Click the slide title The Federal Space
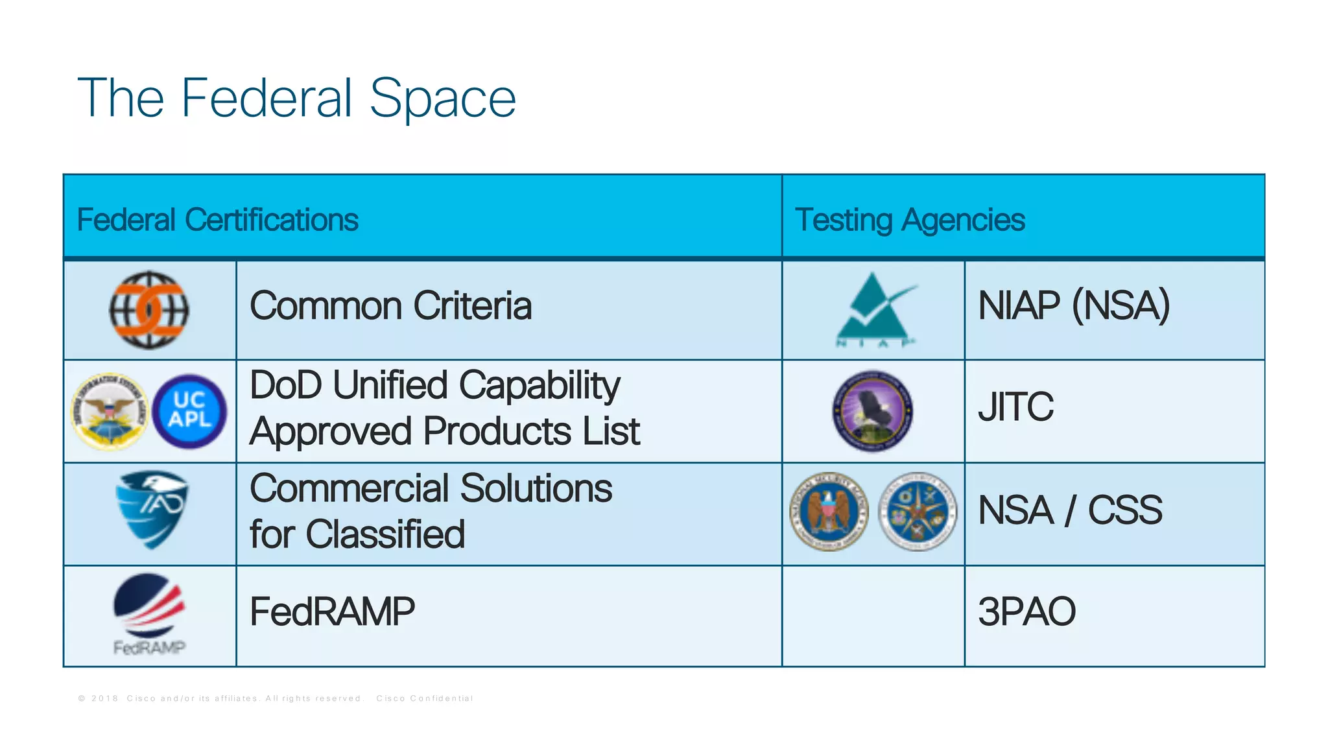tap(296, 99)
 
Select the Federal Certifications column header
tap(217, 220)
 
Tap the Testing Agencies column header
tap(909, 220)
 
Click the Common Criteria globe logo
tap(148, 310)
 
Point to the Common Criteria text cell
tap(390, 306)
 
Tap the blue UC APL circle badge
tap(189, 411)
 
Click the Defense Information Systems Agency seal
tap(110, 411)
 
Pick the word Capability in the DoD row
tap(540, 385)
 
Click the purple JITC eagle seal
tap(873, 411)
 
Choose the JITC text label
tap(1015, 407)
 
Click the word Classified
tap(385, 535)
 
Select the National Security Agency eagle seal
tap(829, 512)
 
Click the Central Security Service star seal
tap(917, 512)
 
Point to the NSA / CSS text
tap(1070, 510)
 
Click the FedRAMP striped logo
tap(150, 606)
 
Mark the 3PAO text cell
tap(1026, 612)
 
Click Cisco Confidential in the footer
tap(425, 698)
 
